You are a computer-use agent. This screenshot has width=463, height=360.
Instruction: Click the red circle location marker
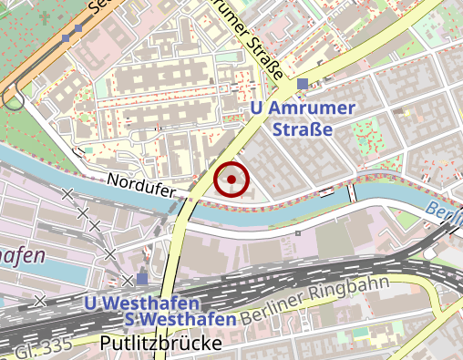coord(231,180)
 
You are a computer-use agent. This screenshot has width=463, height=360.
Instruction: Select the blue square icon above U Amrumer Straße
coord(302,86)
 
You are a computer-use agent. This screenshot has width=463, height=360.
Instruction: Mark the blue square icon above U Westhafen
coord(141,279)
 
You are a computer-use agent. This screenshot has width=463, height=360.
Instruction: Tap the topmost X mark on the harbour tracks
coord(67,193)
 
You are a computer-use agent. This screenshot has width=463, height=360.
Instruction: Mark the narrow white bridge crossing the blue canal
coord(351,192)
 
